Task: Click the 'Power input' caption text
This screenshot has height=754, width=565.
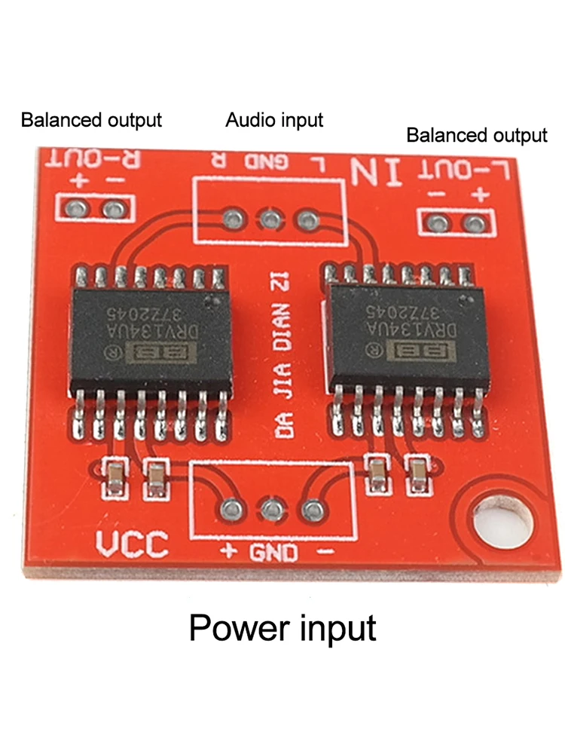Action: click(282, 627)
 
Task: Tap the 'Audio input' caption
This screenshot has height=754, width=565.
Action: click(274, 119)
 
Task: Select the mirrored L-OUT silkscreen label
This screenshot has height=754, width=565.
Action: click(468, 169)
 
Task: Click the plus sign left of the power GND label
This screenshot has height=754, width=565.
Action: click(229, 552)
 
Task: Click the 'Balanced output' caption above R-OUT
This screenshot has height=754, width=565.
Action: click(91, 119)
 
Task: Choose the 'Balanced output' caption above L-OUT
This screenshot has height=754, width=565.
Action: click(476, 136)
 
